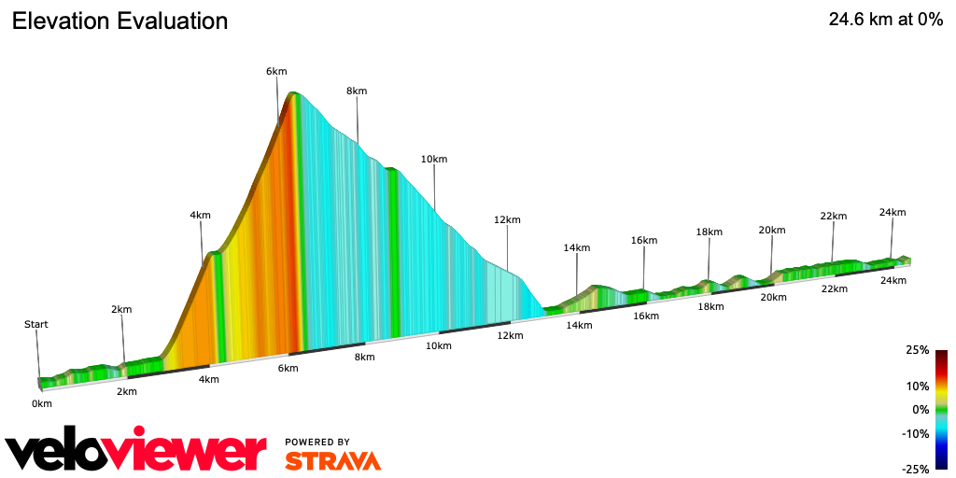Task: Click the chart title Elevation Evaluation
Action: coord(119,21)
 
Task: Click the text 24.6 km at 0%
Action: coord(885,20)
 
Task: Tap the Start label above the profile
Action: coord(36,325)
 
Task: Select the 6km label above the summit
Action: coord(275,71)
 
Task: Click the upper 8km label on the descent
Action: coord(356,91)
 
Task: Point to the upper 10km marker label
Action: coord(434,159)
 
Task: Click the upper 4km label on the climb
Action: coord(200,215)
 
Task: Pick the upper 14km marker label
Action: coord(577,247)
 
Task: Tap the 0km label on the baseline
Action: coord(41,403)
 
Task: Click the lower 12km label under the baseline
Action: coord(510,335)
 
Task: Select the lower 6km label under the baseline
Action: coord(288,368)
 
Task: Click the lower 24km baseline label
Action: coord(893,281)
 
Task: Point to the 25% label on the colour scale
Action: coord(917,350)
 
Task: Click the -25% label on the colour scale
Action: coord(915,469)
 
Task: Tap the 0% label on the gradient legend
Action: coord(921,410)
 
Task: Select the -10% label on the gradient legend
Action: coord(915,433)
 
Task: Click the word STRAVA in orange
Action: coord(332,461)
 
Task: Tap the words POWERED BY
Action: coord(317,442)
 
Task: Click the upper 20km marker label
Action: coord(772,230)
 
